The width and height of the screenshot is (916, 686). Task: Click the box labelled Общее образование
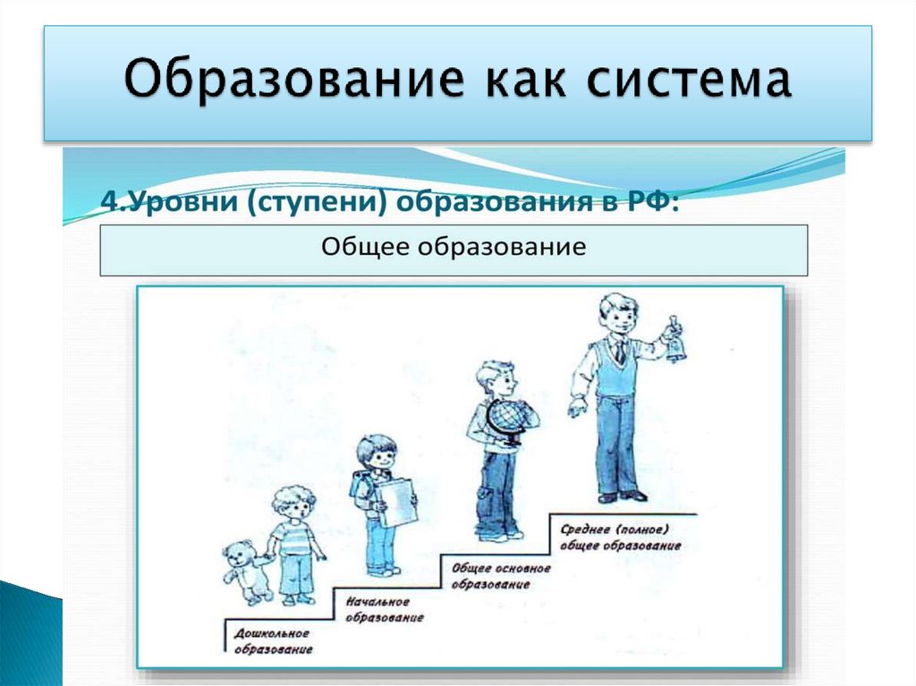pyautogui.click(x=454, y=250)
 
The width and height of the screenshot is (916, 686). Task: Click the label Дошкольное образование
pyautogui.click(x=273, y=641)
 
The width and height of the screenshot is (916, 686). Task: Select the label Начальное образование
pyautogui.click(x=384, y=610)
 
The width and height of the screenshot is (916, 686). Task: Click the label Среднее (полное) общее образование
pyautogui.click(x=621, y=537)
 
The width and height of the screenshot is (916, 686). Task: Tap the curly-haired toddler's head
pyautogui.click(x=293, y=504)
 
